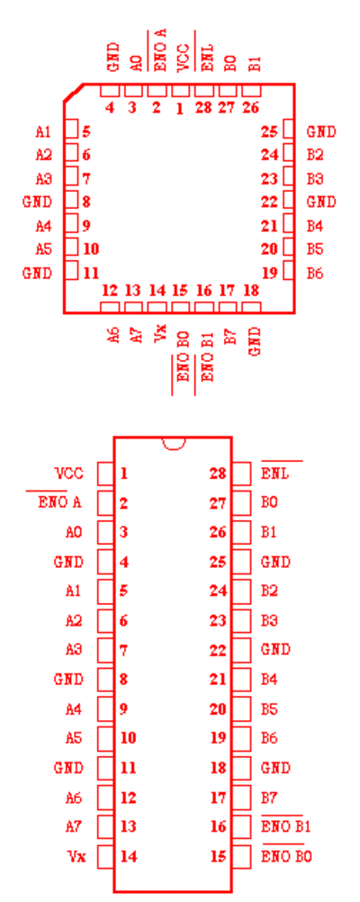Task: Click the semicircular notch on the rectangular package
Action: pos(173,444)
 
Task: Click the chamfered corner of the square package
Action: pos(73,94)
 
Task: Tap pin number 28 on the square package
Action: pos(203,107)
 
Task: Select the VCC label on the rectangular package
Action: pos(69,474)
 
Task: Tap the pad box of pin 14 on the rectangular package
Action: pos(106,857)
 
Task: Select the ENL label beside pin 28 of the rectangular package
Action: pos(275,474)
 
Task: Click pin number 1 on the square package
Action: pos(180,108)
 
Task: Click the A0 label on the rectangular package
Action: pos(74,533)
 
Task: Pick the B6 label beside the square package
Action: pos(315,274)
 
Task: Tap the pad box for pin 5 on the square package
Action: pos(71,130)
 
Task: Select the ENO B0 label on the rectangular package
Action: pos(287,857)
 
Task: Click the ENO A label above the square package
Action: pos(160,50)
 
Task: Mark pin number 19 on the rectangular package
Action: pos(218,739)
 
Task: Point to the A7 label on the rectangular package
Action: pos(74,826)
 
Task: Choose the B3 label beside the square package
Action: pos(315,179)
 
